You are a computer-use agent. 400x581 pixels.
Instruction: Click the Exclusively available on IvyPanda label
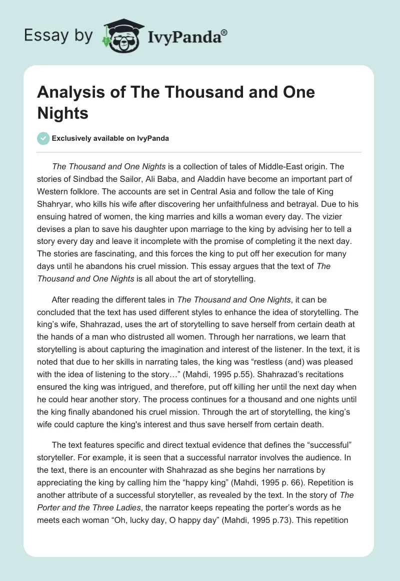point(110,139)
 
